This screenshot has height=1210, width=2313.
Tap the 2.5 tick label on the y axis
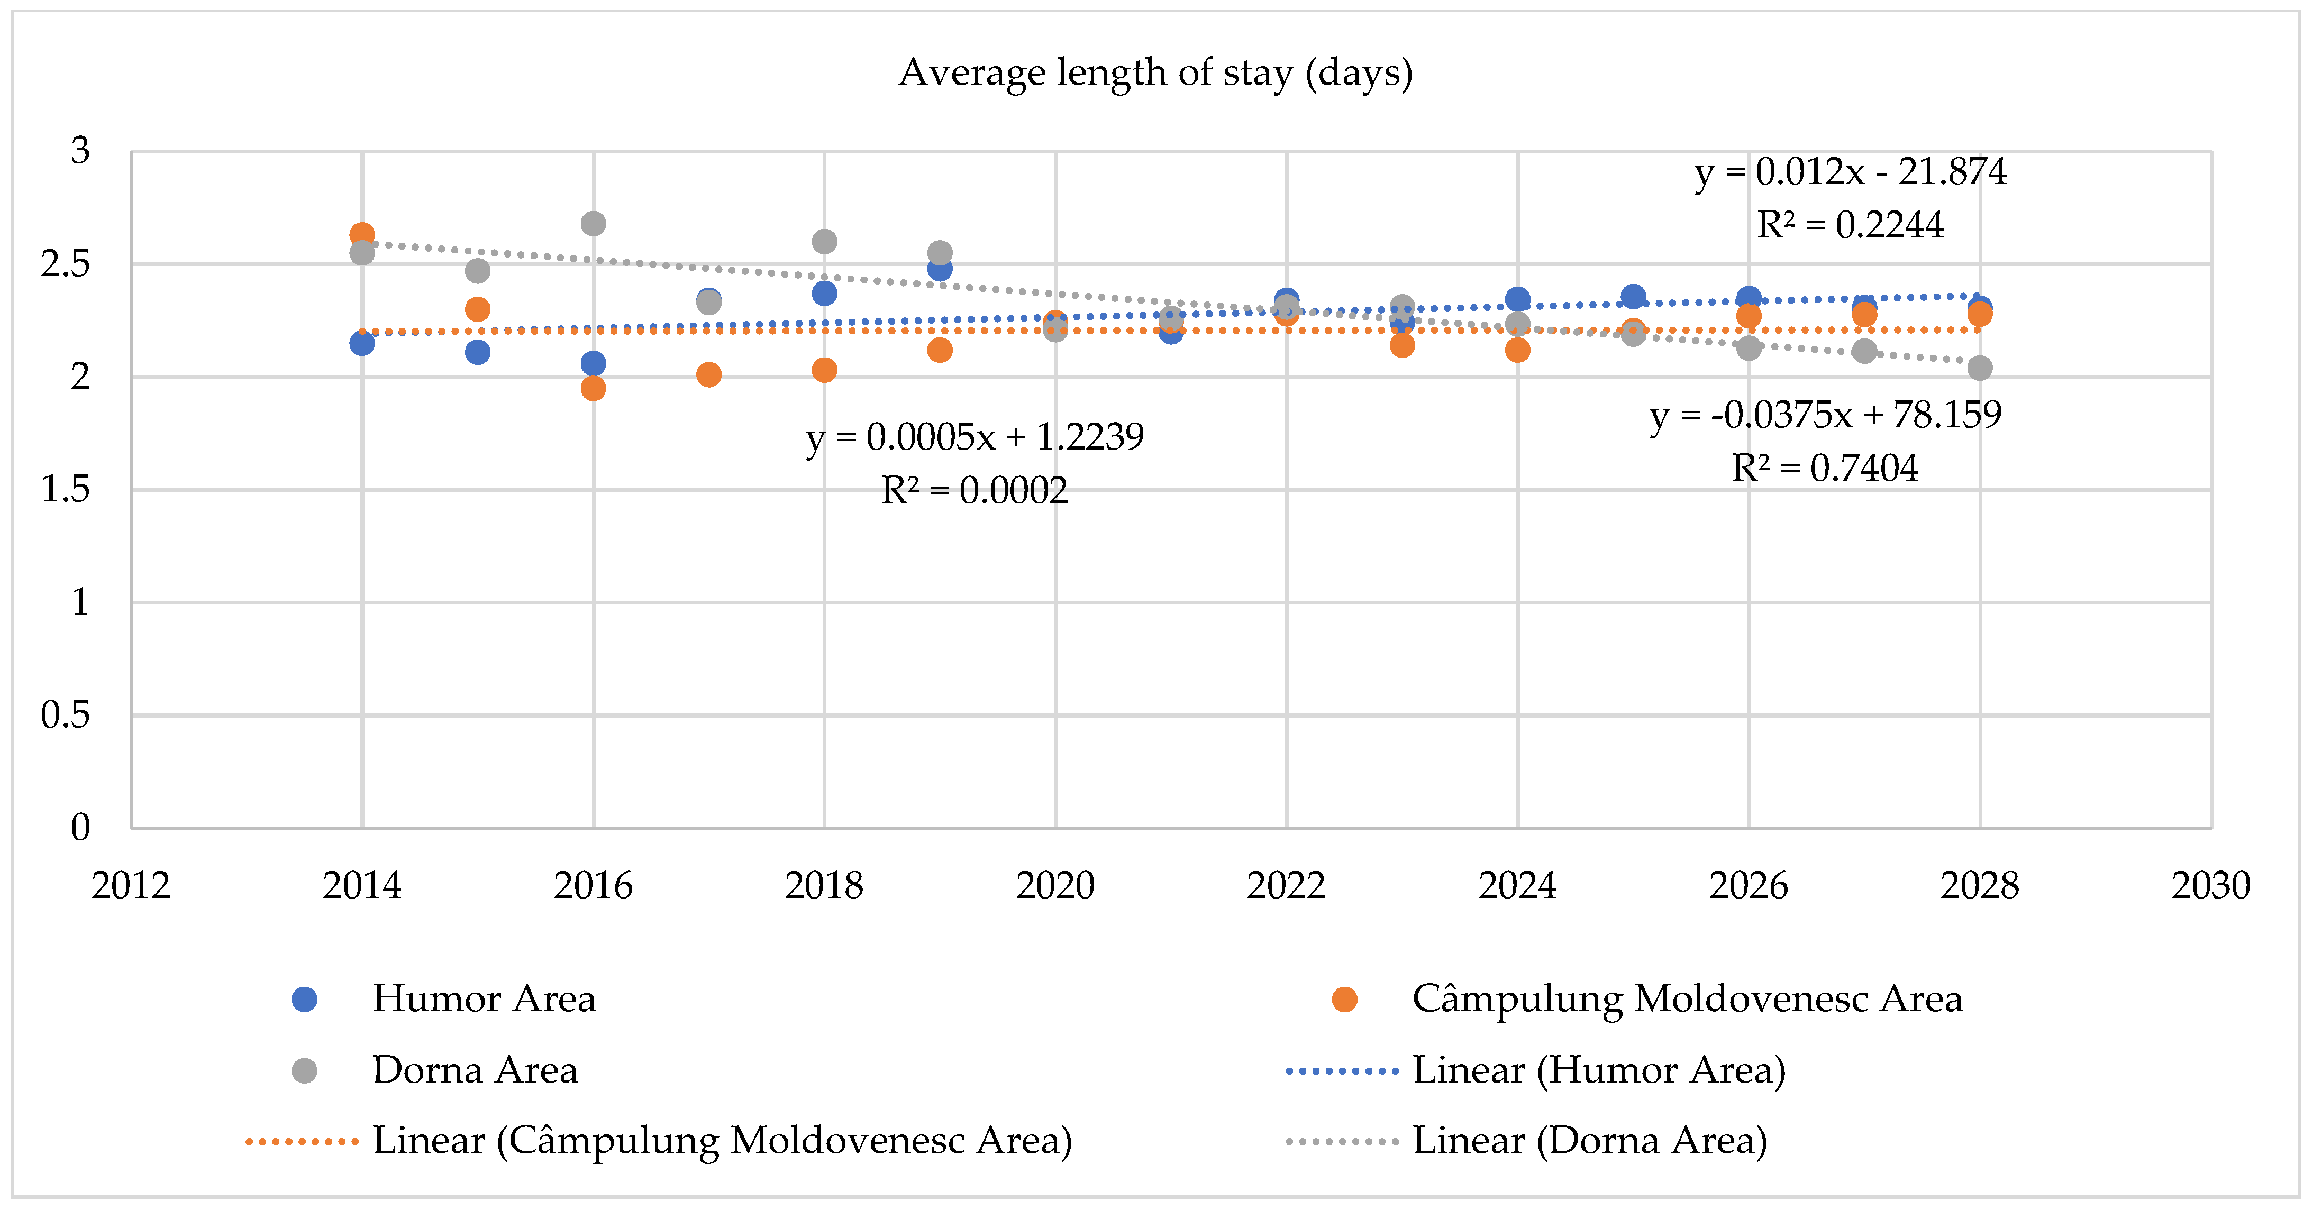[66, 264]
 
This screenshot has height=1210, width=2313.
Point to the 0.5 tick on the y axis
[66, 716]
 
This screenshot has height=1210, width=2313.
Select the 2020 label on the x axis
[1055, 886]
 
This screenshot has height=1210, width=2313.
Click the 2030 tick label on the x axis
[2211, 886]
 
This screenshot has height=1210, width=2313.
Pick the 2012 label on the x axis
[131, 886]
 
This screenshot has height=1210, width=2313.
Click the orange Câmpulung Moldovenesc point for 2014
[362, 235]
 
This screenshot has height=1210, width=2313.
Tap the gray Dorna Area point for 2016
[593, 224]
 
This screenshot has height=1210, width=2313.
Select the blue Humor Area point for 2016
[593, 363]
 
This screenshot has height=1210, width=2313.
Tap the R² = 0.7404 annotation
[1825, 467]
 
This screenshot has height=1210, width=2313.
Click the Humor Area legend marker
[304, 999]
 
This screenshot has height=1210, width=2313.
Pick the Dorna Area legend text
[475, 1070]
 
